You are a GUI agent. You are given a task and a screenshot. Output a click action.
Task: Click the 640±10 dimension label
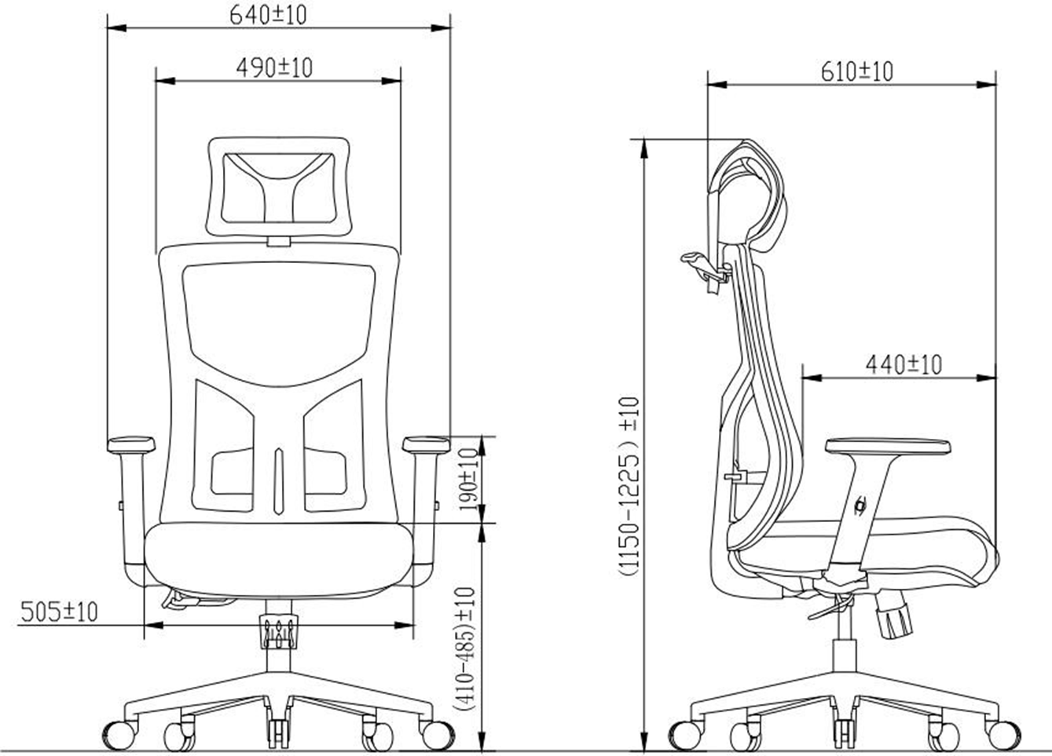click(268, 15)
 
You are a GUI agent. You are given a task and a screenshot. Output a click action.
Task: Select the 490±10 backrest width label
click(274, 68)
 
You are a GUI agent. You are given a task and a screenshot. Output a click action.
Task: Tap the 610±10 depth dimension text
click(857, 72)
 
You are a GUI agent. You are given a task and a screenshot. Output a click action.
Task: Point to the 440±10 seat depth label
click(904, 364)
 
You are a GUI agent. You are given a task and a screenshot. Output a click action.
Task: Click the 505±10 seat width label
click(59, 612)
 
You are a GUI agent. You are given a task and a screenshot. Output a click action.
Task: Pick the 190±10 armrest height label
click(467, 480)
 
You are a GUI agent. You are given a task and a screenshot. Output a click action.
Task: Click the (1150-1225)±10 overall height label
click(629, 487)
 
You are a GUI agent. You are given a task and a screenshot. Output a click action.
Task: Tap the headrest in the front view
click(279, 187)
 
